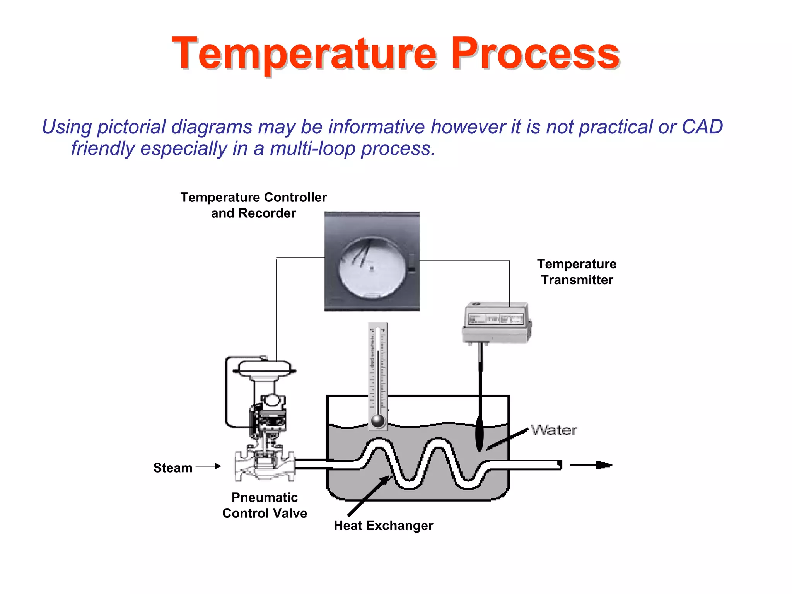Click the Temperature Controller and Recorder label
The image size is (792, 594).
click(x=253, y=205)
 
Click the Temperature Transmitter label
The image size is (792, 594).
click(x=577, y=272)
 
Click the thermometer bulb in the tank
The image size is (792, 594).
click(x=378, y=421)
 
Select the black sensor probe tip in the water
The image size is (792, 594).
click(x=480, y=434)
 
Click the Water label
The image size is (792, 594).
click(x=554, y=430)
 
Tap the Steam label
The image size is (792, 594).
click(x=172, y=468)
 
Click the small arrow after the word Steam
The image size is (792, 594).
click(x=209, y=466)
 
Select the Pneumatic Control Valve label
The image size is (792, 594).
click(x=265, y=505)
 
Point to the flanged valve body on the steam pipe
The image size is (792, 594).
click(x=265, y=466)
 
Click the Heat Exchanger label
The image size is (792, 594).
click(x=383, y=526)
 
